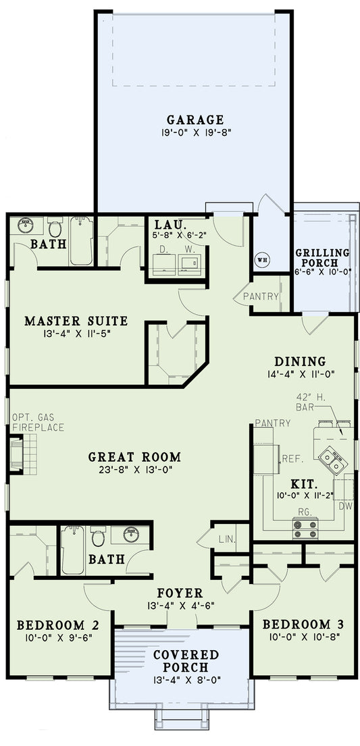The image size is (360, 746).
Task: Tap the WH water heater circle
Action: (261, 258)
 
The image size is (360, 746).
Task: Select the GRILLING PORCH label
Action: (322, 258)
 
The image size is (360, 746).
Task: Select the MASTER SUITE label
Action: (76, 320)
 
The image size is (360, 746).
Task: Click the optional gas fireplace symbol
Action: (16, 452)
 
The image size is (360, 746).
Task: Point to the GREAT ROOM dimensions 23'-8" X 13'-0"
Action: (134, 471)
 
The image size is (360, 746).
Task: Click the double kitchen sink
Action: (331, 460)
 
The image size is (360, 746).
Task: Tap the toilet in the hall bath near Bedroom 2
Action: (99, 537)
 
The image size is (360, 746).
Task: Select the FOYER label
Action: (180, 593)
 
